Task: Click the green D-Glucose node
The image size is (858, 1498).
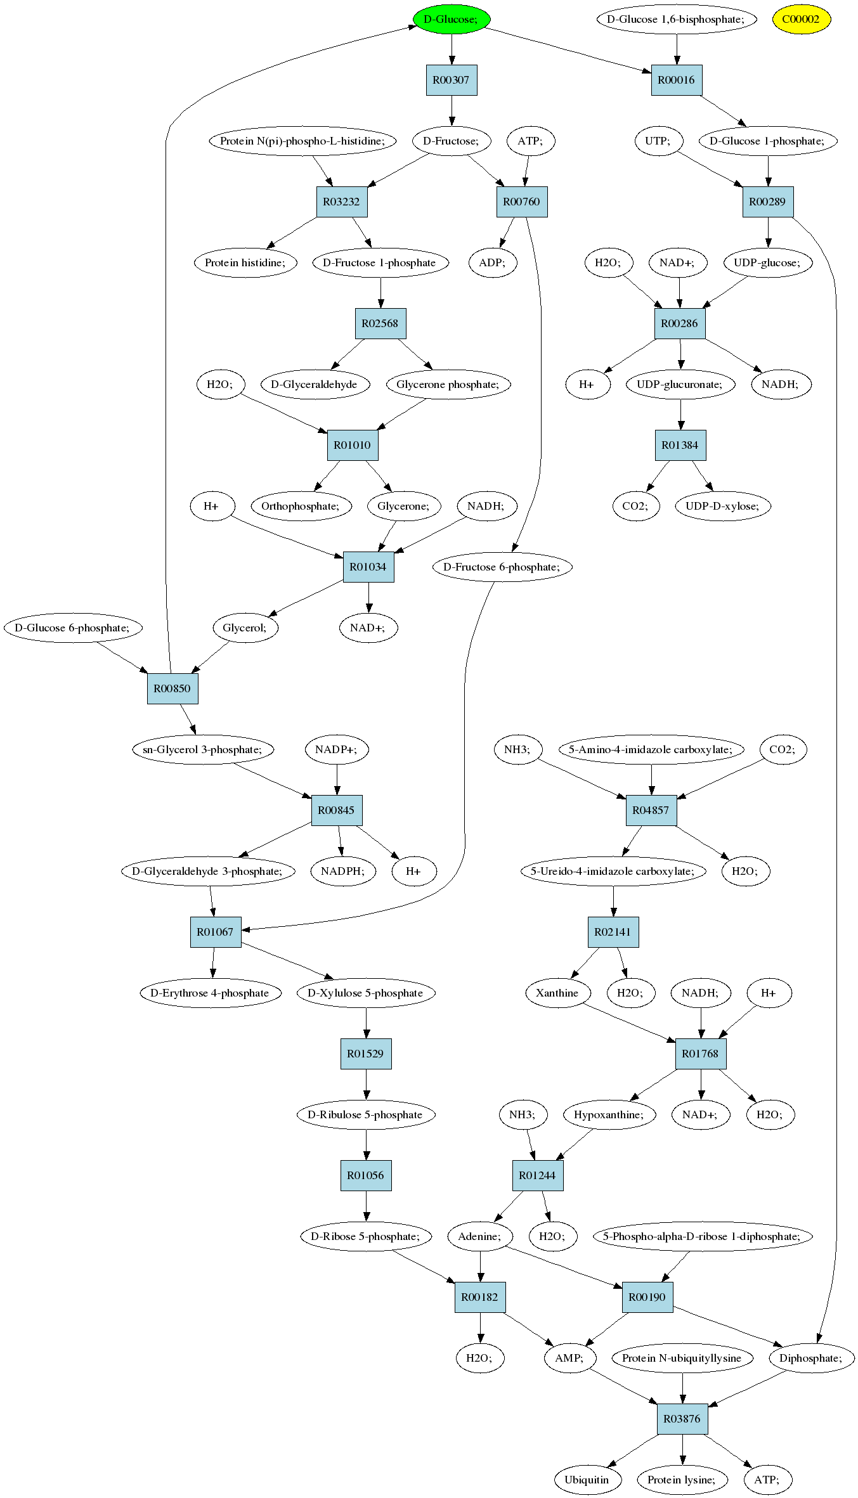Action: pyautogui.click(x=452, y=19)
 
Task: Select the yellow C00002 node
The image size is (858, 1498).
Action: pyautogui.click(x=801, y=19)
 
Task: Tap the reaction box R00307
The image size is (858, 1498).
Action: pyautogui.click(x=452, y=80)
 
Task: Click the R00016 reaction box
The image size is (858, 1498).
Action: pyautogui.click(x=677, y=80)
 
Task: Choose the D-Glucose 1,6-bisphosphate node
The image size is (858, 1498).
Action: pyautogui.click(x=677, y=19)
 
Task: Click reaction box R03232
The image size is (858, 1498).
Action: pyautogui.click(x=342, y=202)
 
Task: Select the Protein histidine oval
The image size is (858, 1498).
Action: pyautogui.click(x=245, y=262)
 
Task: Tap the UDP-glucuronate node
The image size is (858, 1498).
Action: pyautogui.click(x=680, y=384)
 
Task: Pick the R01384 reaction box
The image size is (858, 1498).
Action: pyautogui.click(x=680, y=445)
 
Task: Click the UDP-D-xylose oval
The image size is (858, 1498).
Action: pyautogui.click(x=723, y=506)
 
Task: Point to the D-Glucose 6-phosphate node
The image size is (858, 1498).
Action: pyautogui.click(x=73, y=628)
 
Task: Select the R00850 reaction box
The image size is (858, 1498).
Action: pyautogui.click(x=172, y=688)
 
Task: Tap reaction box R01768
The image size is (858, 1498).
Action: pyautogui.click(x=701, y=1054)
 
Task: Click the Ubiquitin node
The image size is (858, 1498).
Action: pyautogui.click(x=587, y=1480)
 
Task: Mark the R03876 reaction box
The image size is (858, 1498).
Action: pyautogui.click(x=682, y=1419)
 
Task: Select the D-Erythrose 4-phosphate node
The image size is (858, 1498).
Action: pyautogui.click(x=211, y=993)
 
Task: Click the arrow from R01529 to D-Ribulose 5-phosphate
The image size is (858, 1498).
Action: pyautogui.click(x=366, y=1084)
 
